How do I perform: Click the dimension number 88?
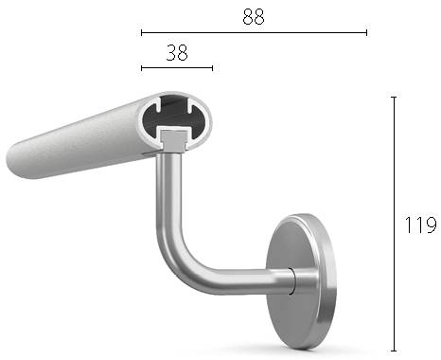(x=253, y=16)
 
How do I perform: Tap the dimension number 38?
(x=176, y=53)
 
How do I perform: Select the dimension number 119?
(x=419, y=225)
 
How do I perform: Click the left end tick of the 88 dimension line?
(x=142, y=32)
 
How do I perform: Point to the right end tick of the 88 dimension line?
(x=366, y=32)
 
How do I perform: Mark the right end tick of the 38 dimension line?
(x=212, y=68)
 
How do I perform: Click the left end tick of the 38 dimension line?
(x=142, y=68)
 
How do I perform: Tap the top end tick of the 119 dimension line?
(x=394, y=97)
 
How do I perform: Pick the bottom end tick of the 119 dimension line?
(x=394, y=350)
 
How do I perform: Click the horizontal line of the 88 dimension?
(x=284, y=32)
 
